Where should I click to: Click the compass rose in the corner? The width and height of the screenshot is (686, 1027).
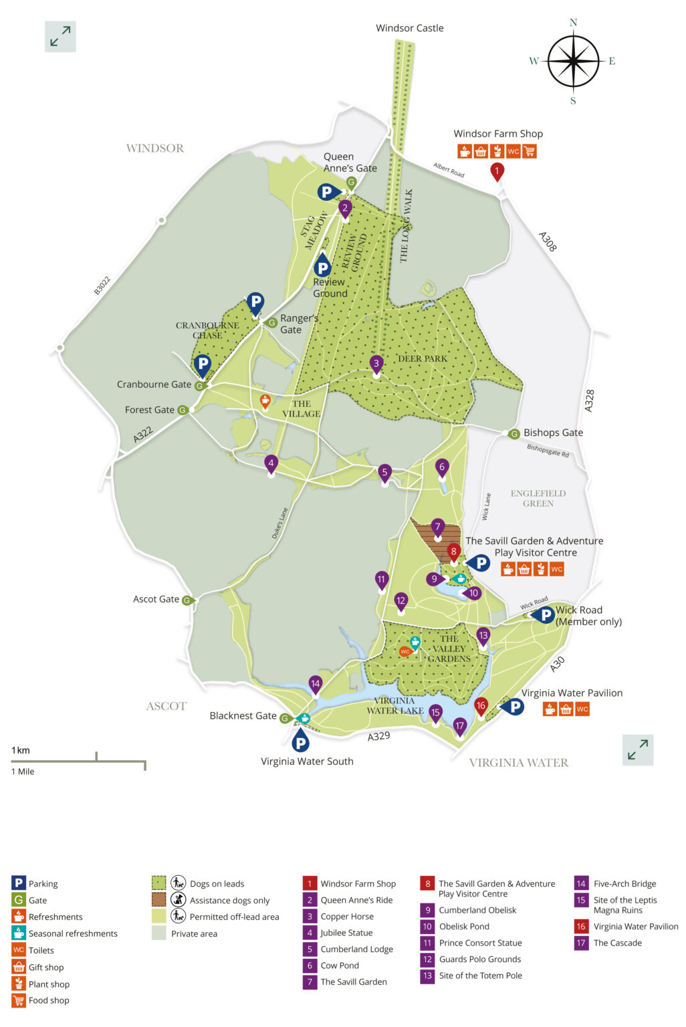[573, 62]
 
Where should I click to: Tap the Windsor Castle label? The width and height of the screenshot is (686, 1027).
[409, 28]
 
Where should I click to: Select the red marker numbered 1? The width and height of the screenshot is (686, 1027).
[497, 171]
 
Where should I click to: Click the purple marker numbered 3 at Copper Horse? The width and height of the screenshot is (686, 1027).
[376, 364]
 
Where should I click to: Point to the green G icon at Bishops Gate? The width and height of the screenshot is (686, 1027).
[513, 434]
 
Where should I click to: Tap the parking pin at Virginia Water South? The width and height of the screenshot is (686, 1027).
[301, 741]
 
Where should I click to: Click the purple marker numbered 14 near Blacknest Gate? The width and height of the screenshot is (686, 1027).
[315, 684]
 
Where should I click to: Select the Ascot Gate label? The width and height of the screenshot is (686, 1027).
[156, 599]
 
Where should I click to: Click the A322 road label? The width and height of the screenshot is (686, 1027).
[142, 435]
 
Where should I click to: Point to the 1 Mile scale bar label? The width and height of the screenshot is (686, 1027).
[23, 772]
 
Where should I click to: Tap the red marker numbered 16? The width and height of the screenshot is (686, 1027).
[480, 706]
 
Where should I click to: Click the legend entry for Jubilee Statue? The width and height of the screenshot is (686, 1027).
[346, 933]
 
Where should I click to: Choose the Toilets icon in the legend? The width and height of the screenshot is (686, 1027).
[19, 950]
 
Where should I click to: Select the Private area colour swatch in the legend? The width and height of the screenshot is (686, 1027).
[158, 933]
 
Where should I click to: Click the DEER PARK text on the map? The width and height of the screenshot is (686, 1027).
[423, 359]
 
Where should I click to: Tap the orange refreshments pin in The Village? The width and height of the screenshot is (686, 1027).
[265, 401]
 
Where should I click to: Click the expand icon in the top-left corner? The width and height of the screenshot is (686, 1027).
[60, 36]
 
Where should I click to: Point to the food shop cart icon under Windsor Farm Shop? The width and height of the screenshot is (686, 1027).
[530, 151]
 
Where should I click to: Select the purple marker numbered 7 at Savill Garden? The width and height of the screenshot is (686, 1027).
[437, 528]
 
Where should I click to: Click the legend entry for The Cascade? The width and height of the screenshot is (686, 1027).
[617, 943]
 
